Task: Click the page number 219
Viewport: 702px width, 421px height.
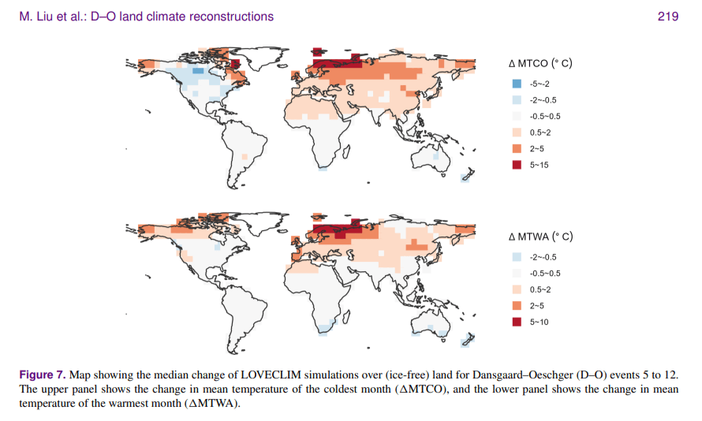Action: tap(667, 17)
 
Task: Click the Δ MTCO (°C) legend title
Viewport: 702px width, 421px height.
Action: tap(539, 64)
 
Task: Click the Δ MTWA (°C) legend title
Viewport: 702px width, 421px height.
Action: tap(540, 237)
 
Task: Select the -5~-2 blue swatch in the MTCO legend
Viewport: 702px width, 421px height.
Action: tap(517, 84)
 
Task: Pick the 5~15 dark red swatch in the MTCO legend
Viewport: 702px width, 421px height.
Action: tap(517, 164)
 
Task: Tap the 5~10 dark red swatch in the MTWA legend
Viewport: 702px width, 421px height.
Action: tap(517, 321)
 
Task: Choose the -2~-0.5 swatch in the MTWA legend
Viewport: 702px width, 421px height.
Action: tap(517, 256)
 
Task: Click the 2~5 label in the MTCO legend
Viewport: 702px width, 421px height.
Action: tap(537, 148)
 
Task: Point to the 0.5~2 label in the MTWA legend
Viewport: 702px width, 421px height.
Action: tap(540, 289)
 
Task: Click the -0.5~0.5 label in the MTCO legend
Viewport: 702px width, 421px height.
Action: tap(545, 116)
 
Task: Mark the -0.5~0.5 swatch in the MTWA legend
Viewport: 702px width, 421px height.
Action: tap(517, 273)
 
